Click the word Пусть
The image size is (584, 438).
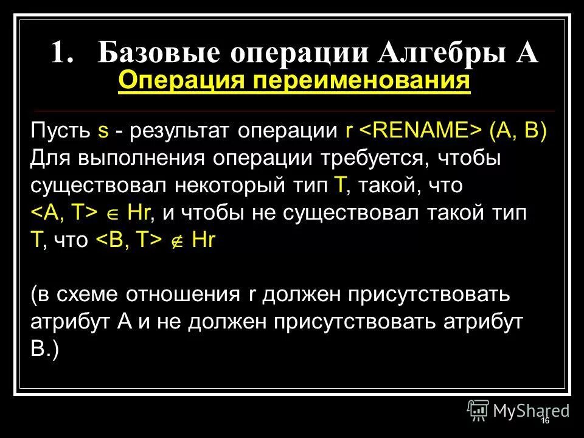pos(60,131)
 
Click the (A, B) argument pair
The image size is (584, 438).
pos(518,131)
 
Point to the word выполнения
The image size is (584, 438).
pos(144,158)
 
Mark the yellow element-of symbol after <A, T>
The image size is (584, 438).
pos(113,212)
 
